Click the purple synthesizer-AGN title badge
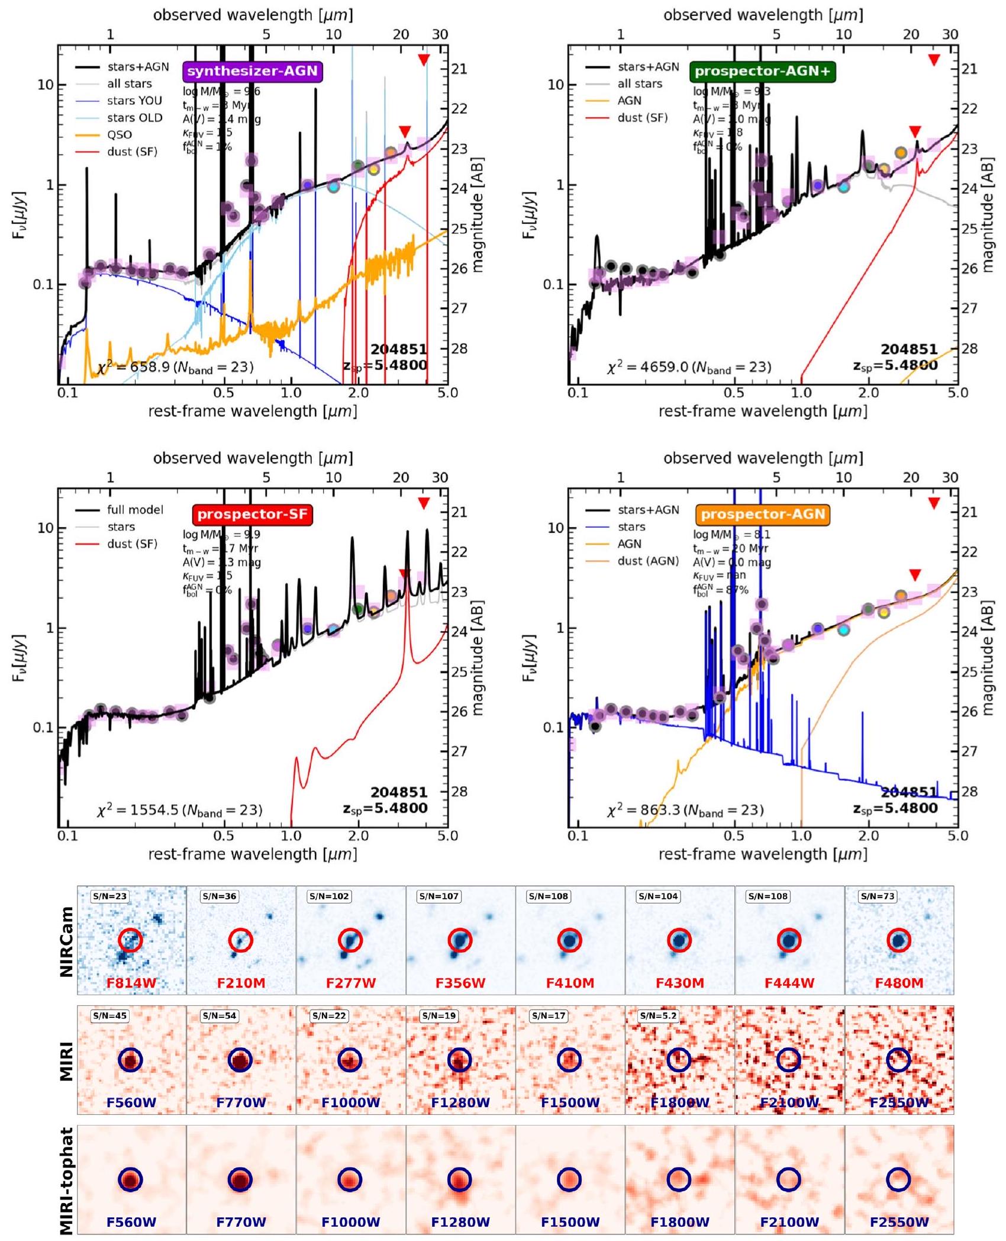pyautogui.click(x=253, y=72)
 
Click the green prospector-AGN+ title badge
pyautogui.click(x=762, y=72)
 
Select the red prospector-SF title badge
pyautogui.click(x=253, y=515)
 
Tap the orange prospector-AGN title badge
pyautogui.click(x=763, y=515)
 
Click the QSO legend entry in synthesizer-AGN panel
pyautogui.click(x=119, y=135)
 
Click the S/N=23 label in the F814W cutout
pyautogui.click(x=109, y=897)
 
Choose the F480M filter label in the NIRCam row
pyautogui.click(x=899, y=983)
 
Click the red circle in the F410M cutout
pyautogui.click(x=570, y=940)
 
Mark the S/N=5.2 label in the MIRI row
pyautogui.click(x=659, y=1016)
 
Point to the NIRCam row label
pyautogui.click(x=67, y=941)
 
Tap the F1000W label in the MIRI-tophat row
pyautogui.click(x=351, y=1222)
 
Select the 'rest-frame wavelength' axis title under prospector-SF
pyautogui.click(x=253, y=854)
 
